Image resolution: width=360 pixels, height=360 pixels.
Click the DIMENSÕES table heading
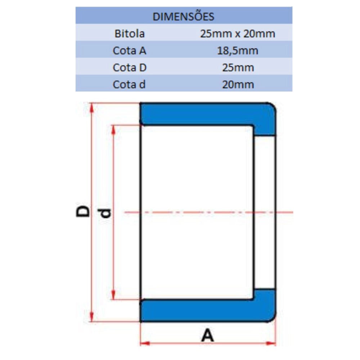tap(183, 17)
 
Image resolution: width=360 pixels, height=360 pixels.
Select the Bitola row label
tap(130, 34)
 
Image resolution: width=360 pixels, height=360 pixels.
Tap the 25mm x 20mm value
tap(238, 34)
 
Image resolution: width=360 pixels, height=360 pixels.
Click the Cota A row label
tap(130, 50)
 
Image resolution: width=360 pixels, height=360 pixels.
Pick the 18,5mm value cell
tap(238, 51)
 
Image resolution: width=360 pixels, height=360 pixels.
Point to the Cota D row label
tap(130, 68)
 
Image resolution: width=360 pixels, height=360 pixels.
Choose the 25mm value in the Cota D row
tap(238, 68)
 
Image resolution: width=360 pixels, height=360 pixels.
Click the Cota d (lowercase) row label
tap(129, 85)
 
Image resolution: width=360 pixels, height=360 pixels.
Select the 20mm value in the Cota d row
tap(238, 85)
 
